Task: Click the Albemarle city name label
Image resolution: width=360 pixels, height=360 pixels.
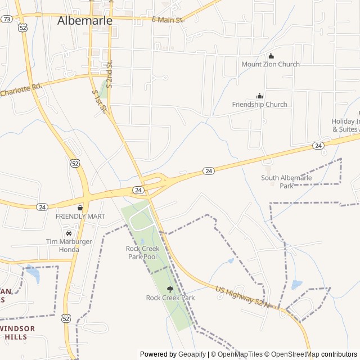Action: [x=85, y=20]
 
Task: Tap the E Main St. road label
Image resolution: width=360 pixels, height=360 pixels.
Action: [x=168, y=20]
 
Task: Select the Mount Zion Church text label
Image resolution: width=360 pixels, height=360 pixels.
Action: [x=271, y=64]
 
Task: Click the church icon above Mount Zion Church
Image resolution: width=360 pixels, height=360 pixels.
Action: [x=271, y=56]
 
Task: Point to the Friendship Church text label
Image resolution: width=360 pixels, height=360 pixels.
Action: [x=259, y=104]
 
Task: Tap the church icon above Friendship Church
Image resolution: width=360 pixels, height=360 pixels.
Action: [x=259, y=96]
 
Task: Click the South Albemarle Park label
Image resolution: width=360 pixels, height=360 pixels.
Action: [x=286, y=182]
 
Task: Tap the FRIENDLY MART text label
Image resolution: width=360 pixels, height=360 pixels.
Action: [x=80, y=217]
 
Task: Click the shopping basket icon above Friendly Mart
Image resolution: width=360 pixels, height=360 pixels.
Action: [x=80, y=208]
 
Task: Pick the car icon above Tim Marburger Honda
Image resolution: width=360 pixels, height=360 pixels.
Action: [x=69, y=233]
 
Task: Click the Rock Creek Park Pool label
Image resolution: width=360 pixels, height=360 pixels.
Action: [x=142, y=253]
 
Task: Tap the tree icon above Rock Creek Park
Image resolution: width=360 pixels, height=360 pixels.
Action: [x=170, y=289]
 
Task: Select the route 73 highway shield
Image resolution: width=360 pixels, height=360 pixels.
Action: [x=7, y=19]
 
